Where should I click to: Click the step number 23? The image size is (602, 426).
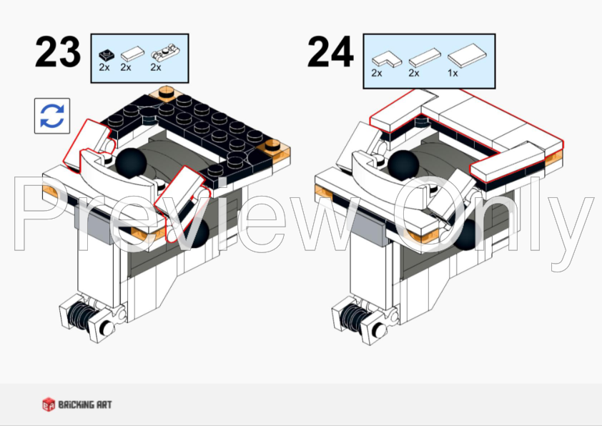point(58,51)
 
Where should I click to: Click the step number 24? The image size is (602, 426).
point(330,51)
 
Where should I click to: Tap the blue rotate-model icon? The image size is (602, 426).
point(52,116)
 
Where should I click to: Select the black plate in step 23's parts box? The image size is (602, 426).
point(107,56)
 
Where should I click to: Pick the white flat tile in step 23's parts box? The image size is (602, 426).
point(132,54)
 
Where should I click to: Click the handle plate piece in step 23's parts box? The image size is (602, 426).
point(165,54)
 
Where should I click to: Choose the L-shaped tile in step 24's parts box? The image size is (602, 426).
point(387,59)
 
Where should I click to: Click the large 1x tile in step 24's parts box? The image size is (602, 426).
point(467,56)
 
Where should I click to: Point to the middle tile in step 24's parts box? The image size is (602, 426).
point(425,58)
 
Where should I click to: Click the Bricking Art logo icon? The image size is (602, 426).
point(49,405)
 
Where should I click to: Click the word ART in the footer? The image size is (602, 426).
point(104,405)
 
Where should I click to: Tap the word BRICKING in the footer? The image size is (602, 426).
point(77,405)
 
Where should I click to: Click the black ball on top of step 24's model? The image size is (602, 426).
point(403,165)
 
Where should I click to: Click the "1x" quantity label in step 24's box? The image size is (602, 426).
point(453,73)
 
